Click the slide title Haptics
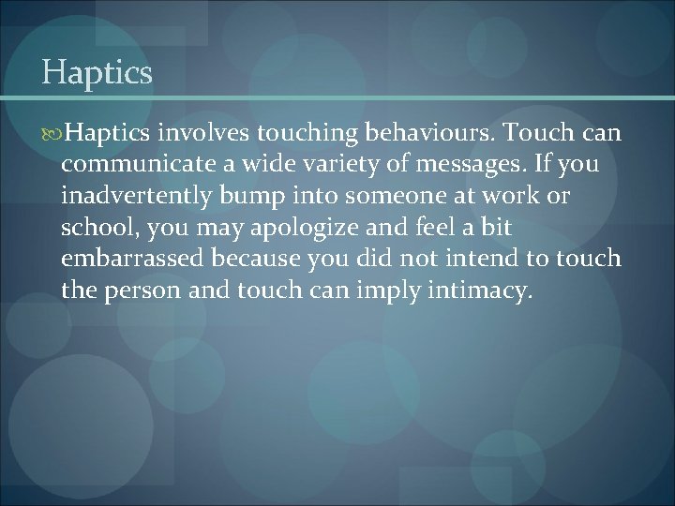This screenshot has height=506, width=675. pos(97,72)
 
